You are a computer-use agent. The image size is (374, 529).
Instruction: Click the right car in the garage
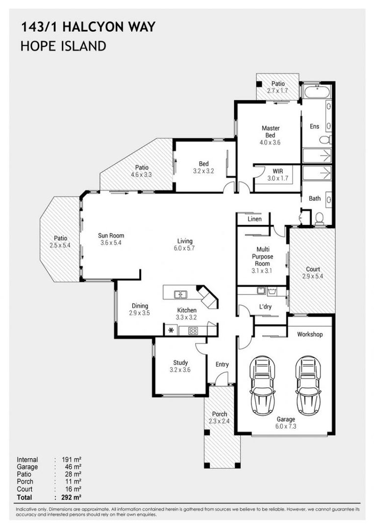[308, 385]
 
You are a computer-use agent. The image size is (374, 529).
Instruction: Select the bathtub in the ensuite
[316, 92]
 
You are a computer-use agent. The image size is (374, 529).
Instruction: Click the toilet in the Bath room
[320, 218]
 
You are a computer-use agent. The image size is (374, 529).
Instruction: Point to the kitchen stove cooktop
[193, 331]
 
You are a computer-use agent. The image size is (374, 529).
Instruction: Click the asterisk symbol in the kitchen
[171, 331]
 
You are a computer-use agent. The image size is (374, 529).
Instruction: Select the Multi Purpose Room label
[262, 257]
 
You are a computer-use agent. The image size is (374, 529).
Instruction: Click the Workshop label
[310, 335]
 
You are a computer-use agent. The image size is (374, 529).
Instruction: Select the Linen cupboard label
[254, 219]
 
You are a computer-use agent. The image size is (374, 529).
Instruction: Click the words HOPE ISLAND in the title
[63, 47]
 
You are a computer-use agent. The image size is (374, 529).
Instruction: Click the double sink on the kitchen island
[180, 294]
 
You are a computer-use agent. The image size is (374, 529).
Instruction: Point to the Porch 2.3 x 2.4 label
[220, 417]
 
